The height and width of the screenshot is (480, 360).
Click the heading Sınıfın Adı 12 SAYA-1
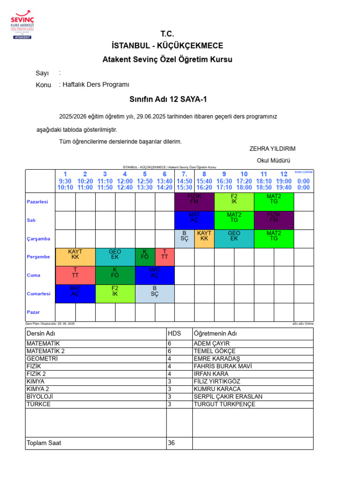tap(168, 100)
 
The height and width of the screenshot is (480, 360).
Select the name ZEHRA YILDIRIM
tap(272, 149)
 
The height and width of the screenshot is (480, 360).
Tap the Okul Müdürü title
tap(274, 160)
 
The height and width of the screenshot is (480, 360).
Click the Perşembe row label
tap(38, 257)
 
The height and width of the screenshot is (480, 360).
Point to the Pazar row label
tap(33, 312)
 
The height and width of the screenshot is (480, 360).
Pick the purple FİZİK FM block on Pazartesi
tap(194, 202)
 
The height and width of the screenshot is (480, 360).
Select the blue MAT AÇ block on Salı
tap(194, 220)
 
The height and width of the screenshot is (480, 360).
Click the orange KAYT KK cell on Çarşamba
tap(204, 239)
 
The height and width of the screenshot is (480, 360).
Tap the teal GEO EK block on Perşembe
tap(115, 257)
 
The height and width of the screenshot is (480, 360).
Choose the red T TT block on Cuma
tap(75, 275)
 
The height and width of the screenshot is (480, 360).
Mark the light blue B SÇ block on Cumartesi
tap(155, 293)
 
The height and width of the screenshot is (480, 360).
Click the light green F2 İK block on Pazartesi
tap(234, 202)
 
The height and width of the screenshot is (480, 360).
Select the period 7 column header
tap(184, 180)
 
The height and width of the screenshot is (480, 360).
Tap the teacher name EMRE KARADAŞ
tap(216, 359)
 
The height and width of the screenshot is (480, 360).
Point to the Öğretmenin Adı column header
tap(215, 333)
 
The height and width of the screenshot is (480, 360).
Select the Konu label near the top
tap(44, 85)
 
